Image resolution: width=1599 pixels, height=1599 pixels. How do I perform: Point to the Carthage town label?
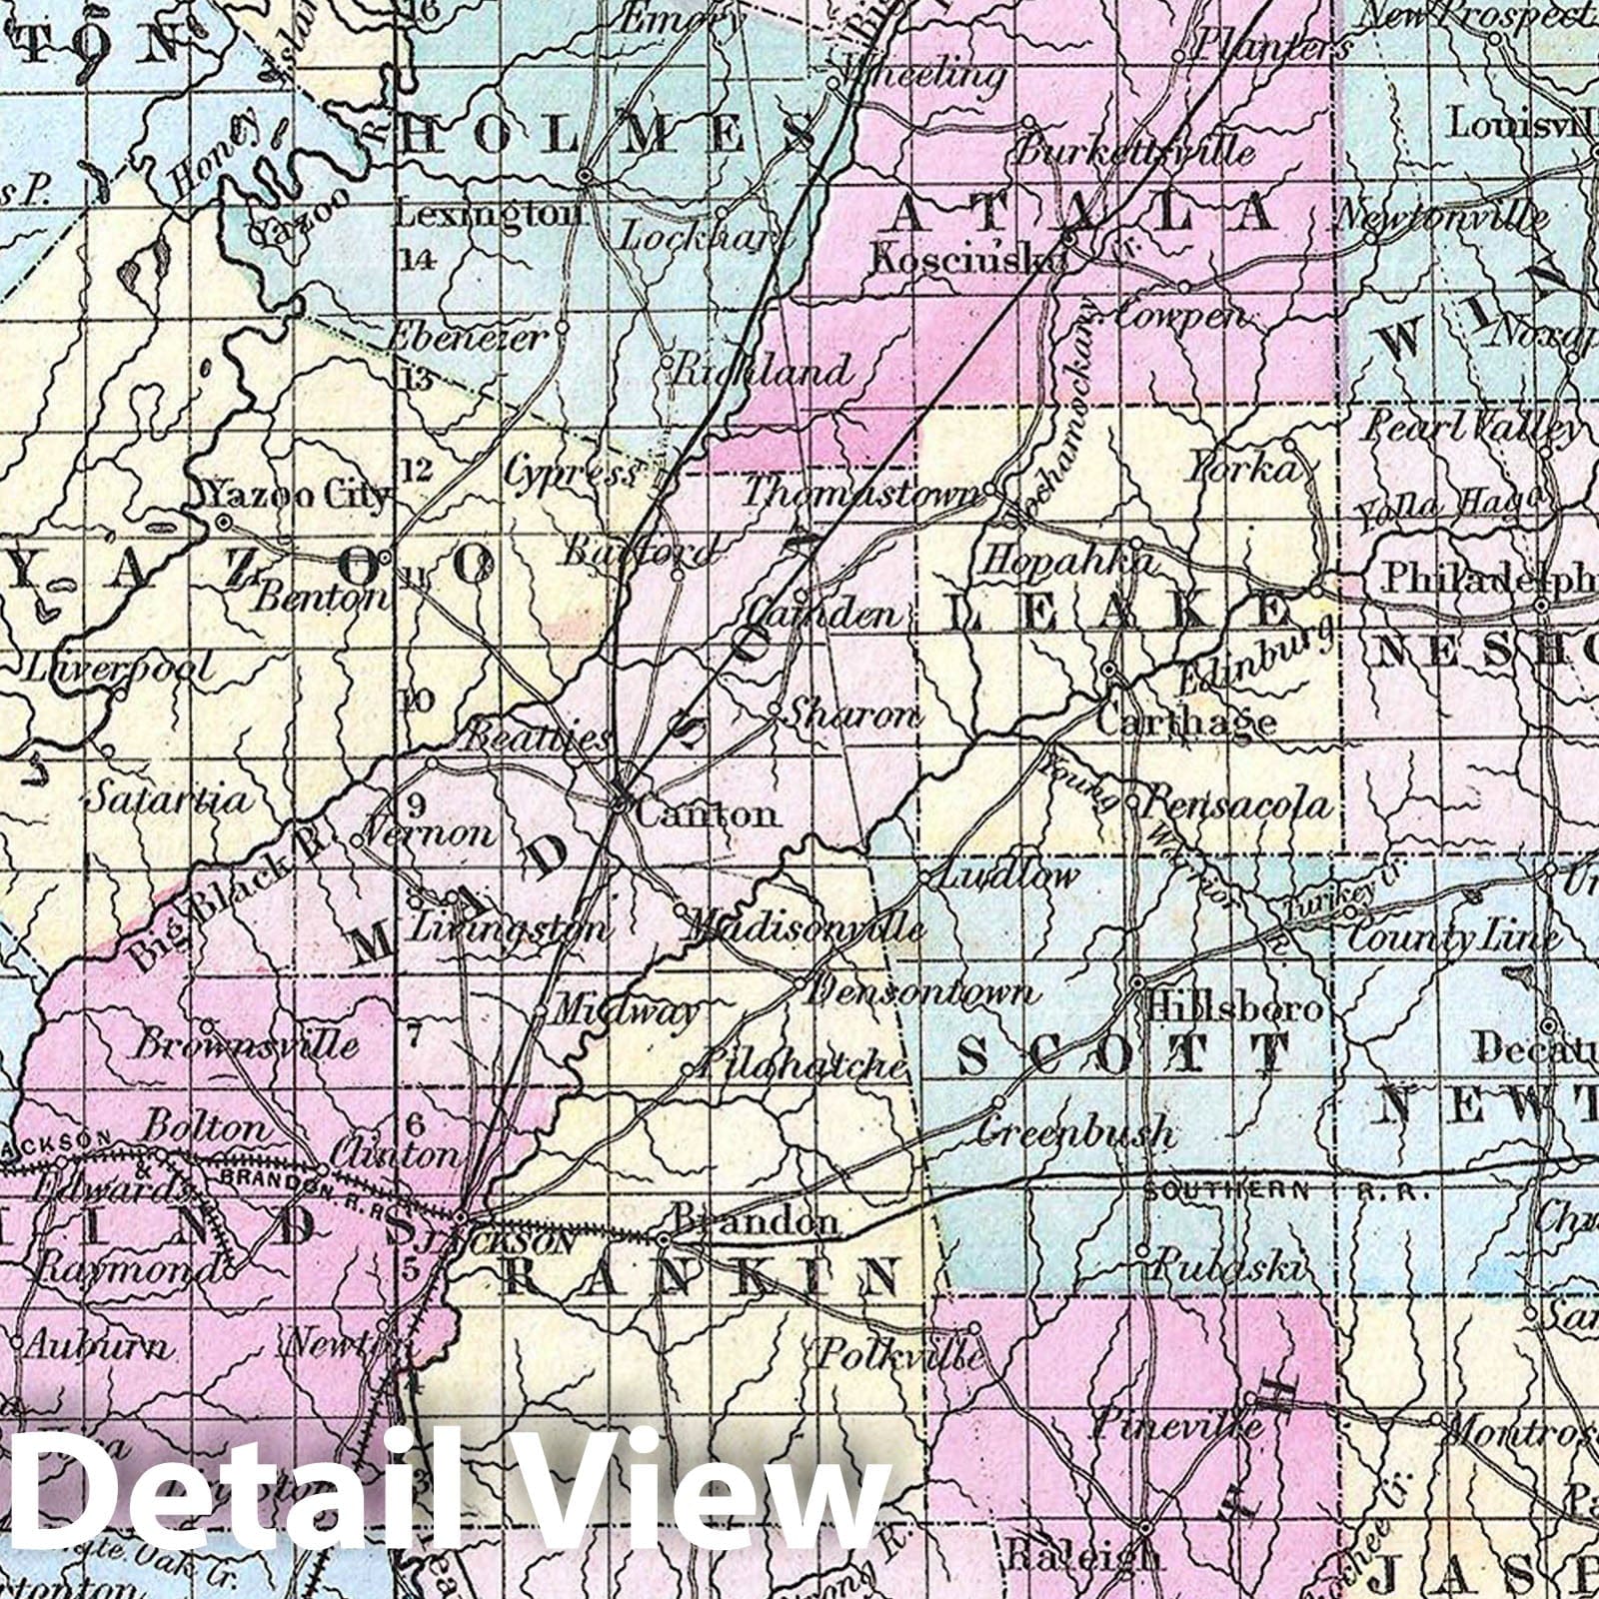click(1186, 721)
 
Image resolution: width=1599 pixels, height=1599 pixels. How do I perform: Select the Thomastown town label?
click(862, 493)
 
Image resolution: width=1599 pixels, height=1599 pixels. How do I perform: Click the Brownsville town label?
click(245, 1046)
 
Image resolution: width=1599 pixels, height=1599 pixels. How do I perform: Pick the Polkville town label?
click(901, 1356)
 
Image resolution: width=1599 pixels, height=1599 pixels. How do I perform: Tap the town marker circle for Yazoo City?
click(224, 522)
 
